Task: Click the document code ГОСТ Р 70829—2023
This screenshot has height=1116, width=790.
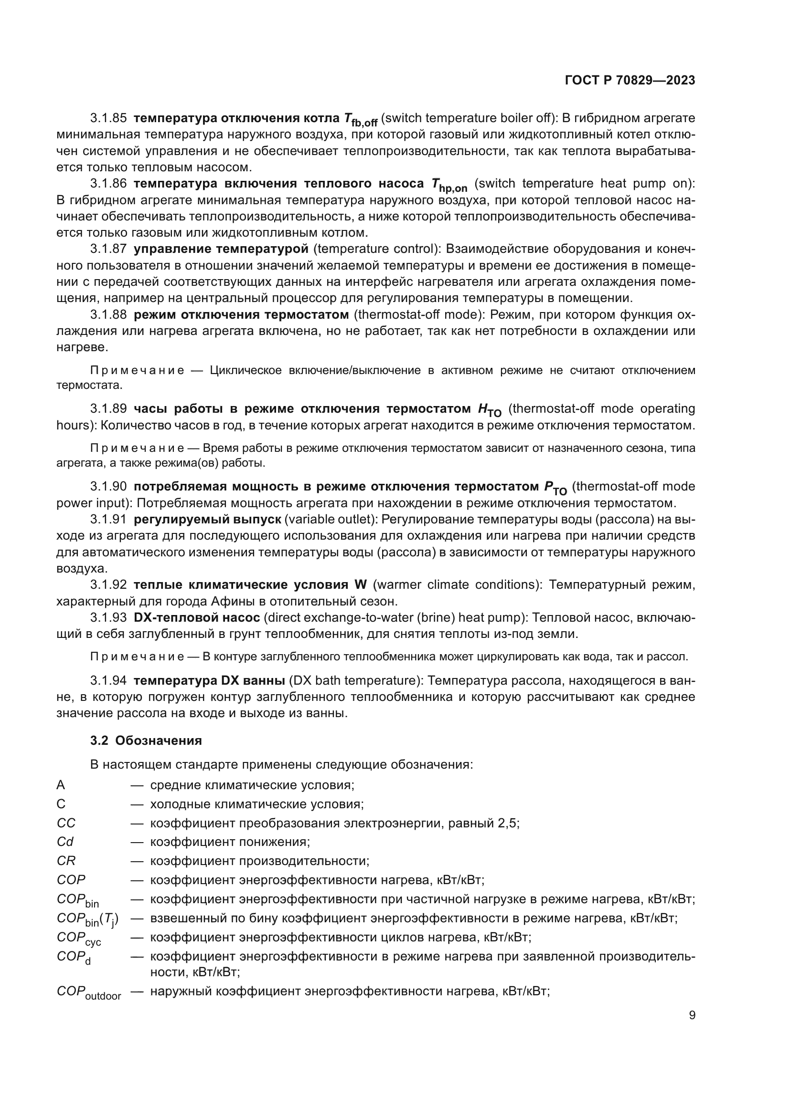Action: (630, 81)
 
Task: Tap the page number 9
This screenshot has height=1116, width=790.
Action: (692, 1015)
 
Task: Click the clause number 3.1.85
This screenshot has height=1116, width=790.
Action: (108, 118)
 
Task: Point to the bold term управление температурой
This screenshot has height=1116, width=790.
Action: (221, 249)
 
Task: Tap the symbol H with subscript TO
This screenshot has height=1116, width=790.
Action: (489, 410)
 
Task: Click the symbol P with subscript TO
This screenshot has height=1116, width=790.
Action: (555, 488)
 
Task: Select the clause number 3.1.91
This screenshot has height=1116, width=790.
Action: (108, 519)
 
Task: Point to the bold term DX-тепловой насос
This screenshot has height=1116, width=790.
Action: (196, 617)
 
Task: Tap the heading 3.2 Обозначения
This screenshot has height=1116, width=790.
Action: (146, 741)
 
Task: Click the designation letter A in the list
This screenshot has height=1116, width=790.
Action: (61, 784)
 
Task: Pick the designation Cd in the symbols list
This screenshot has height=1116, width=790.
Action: (65, 841)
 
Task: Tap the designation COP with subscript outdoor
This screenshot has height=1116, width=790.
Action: (88, 993)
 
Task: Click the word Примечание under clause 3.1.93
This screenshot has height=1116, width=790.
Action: (137, 657)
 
